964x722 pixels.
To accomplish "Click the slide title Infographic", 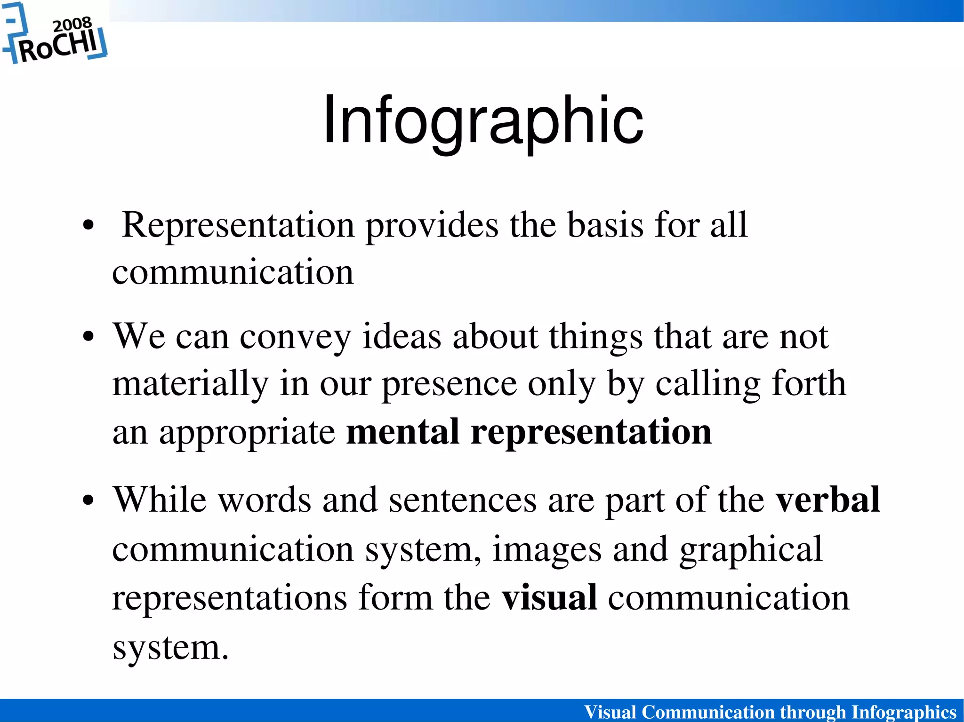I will [483, 120].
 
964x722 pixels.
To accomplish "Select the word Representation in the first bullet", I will [238, 225].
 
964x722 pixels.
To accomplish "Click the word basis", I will [605, 225].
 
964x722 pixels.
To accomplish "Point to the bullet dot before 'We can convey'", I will [88, 337].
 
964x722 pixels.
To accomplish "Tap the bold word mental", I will [402, 432].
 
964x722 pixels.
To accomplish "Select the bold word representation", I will [591, 432].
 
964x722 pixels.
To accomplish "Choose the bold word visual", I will [549, 597].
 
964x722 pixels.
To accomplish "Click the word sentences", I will [463, 500].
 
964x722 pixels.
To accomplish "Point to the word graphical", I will [751, 549].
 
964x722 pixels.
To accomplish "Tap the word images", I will [546, 549].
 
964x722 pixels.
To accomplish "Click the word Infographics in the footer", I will [904, 712].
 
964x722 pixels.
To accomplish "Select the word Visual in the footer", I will [610, 712].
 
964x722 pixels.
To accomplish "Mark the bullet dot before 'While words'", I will [88, 500].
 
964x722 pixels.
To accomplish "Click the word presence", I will [449, 384].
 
